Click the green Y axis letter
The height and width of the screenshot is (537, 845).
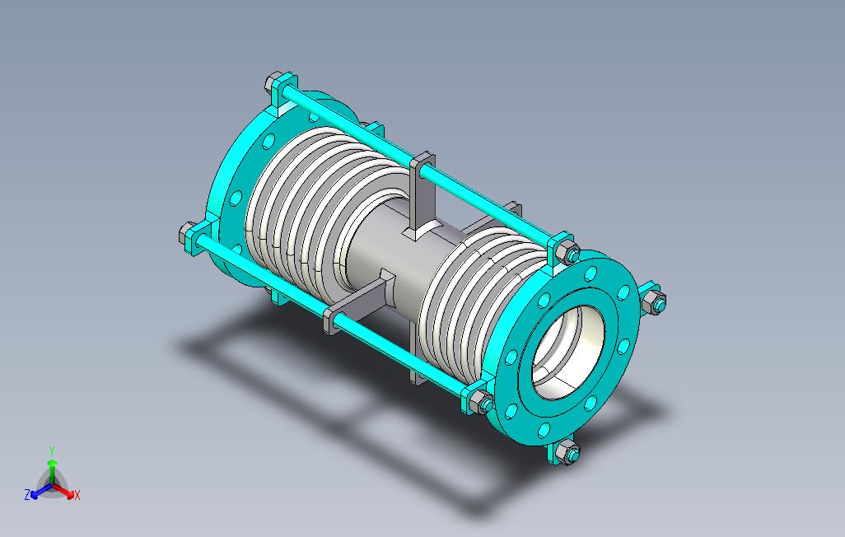tap(52, 451)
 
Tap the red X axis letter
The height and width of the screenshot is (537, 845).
tap(77, 495)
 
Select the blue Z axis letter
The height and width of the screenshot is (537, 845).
tap(27, 494)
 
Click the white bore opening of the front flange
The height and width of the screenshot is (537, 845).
tap(568, 353)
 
